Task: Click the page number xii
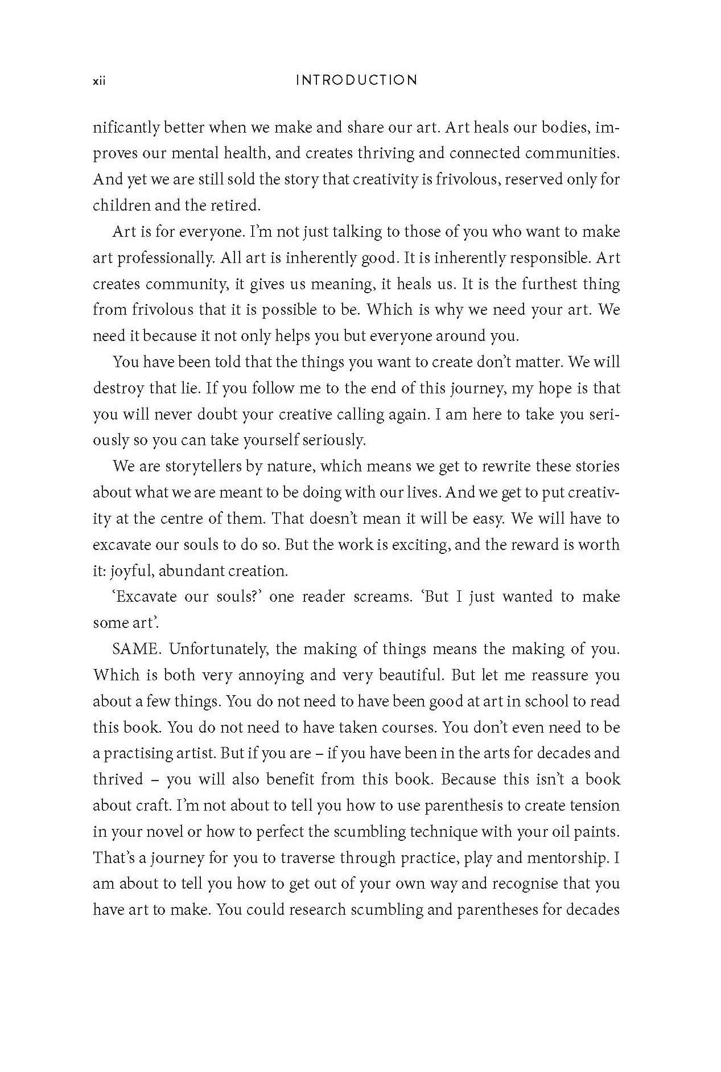coord(100,81)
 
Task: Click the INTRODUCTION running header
coord(357,80)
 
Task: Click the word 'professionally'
coord(154,258)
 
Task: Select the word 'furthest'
coord(530,284)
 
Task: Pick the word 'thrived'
coord(118,779)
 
